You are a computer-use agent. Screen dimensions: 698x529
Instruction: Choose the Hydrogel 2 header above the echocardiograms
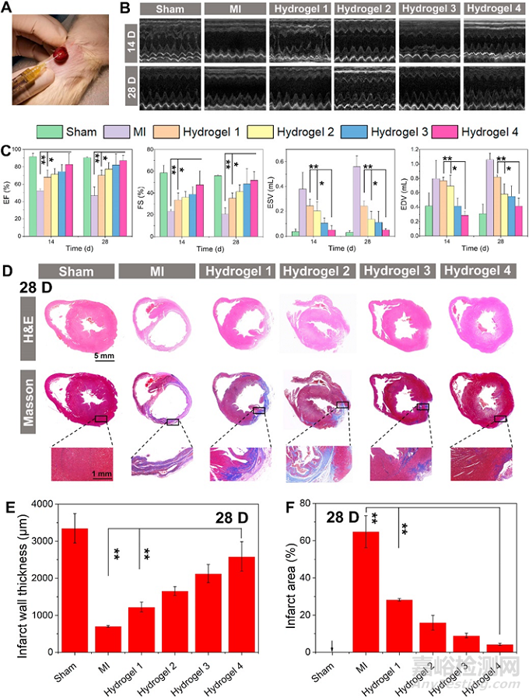click(x=364, y=9)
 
